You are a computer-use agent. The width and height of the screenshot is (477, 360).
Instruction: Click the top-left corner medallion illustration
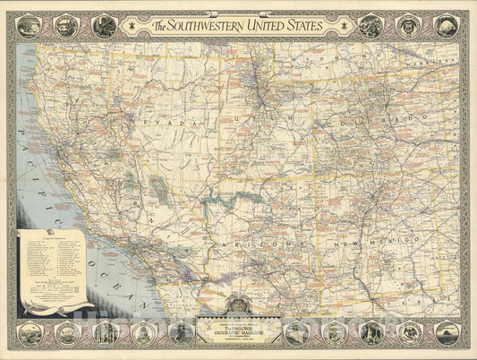30,26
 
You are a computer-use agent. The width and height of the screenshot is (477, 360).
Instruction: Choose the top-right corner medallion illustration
447,26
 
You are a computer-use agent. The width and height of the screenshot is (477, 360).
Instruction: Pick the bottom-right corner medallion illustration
447,333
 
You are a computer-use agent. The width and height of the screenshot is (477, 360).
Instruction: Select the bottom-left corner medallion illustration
30,333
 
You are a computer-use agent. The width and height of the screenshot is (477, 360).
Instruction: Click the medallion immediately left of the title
104,26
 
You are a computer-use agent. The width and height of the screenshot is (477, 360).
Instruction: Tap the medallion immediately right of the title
371,26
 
